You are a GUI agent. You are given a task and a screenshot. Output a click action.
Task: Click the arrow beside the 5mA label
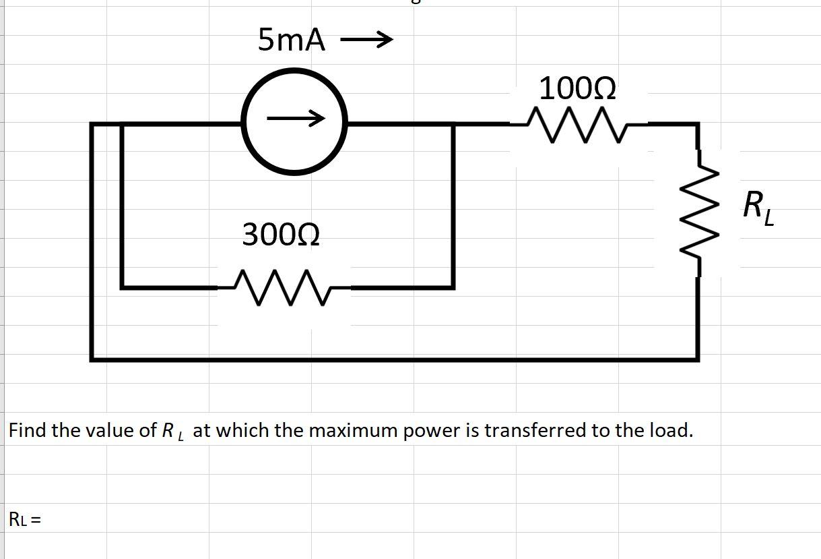click(366, 41)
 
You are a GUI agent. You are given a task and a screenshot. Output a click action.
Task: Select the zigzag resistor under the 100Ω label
click(579, 124)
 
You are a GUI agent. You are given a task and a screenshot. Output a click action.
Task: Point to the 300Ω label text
click(281, 235)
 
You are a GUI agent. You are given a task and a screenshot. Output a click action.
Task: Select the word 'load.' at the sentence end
click(670, 430)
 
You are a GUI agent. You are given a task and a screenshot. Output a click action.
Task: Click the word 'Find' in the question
click(28, 430)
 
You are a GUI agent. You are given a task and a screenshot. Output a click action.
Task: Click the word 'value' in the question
click(110, 430)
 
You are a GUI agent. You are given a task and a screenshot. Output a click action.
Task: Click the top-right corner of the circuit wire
click(696, 124)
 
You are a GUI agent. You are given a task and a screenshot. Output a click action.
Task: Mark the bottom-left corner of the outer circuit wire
click(92, 358)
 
